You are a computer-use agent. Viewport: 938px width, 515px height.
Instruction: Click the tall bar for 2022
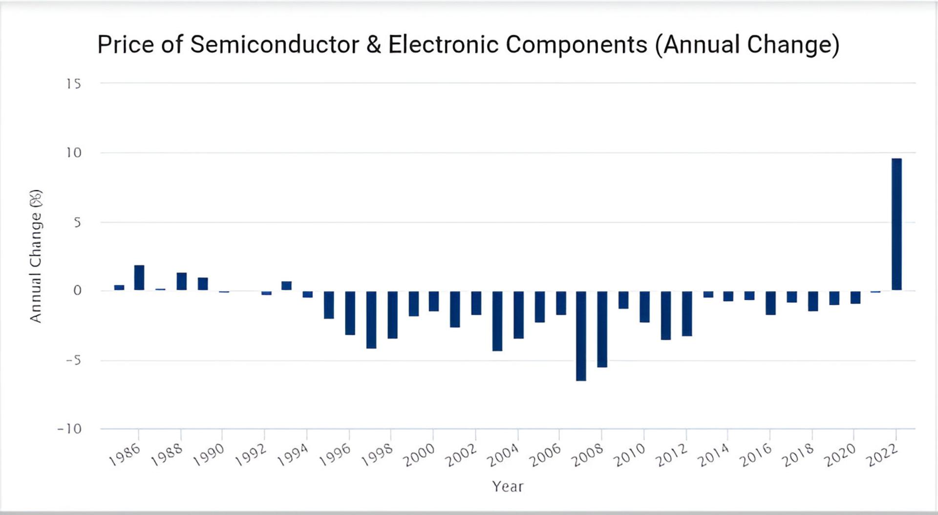pyautogui.click(x=896, y=224)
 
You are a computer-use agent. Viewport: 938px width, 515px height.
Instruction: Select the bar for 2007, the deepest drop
pyautogui.click(x=581, y=336)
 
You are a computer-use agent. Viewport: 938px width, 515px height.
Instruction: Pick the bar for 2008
pyautogui.click(x=602, y=329)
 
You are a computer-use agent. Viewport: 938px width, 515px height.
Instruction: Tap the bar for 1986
pyautogui.click(x=139, y=278)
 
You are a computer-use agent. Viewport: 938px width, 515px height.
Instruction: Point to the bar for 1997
pyautogui.click(x=371, y=320)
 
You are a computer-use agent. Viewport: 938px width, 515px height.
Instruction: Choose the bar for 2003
pyautogui.click(x=497, y=321)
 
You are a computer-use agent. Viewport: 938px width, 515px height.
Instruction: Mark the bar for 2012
pyautogui.click(x=687, y=313)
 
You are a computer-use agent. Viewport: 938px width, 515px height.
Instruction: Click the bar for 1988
pyautogui.click(x=182, y=281)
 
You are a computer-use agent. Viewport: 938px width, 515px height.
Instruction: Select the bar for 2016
pyautogui.click(x=770, y=303)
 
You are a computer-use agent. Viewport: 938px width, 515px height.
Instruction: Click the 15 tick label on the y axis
pyautogui.click(x=74, y=84)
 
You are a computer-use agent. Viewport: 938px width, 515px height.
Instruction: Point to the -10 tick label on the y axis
pyautogui.click(x=69, y=429)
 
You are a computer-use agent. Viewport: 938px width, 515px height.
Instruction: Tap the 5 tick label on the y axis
pyautogui.click(x=77, y=223)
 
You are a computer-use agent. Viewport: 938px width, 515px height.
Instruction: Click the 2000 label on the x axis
pyautogui.click(x=419, y=455)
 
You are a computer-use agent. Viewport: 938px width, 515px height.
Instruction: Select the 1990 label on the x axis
pyautogui.click(x=209, y=455)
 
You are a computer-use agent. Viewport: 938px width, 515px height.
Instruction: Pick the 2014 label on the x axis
pyautogui.click(x=713, y=455)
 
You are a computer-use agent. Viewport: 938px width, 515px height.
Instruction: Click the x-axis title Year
pyautogui.click(x=508, y=486)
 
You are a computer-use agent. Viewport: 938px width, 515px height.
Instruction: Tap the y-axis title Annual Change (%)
pyautogui.click(x=36, y=256)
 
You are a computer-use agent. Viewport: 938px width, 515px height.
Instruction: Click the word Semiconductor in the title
pyautogui.click(x=275, y=44)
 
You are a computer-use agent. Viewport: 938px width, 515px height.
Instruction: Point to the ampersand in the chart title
pyautogui.click(x=374, y=44)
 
